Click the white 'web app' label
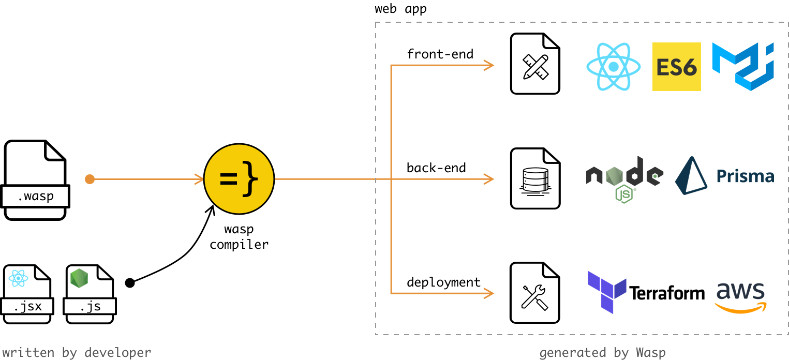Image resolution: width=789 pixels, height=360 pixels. (x=401, y=9)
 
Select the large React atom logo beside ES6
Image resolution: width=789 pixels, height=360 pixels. (x=613, y=67)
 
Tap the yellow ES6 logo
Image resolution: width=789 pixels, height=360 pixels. (x=676, y=67)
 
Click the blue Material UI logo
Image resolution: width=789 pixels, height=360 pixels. (x=743, y=67)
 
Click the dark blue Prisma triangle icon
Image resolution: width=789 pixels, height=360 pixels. (x=691, y=176)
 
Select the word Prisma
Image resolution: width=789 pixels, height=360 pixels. (x=745, y=177)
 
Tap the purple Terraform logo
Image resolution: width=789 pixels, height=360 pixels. (x=607, y=292)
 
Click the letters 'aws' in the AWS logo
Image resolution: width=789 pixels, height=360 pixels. (x=740, y=291)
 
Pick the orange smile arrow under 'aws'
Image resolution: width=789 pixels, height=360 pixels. (x=740, y=308)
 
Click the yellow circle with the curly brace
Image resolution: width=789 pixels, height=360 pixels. (x=239, y=179)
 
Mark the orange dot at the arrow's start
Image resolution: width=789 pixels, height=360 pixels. (x=90, y=179)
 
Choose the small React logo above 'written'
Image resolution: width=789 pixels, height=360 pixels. (x=18, y=278)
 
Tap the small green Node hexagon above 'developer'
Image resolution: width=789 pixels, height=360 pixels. (x=79, y=278)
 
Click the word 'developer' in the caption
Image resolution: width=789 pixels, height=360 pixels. (x=118, y=353)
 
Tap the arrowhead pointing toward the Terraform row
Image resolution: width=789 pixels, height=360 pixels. (x=489, y=293)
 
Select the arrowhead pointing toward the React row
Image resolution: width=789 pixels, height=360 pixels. (x=489, y=65)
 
